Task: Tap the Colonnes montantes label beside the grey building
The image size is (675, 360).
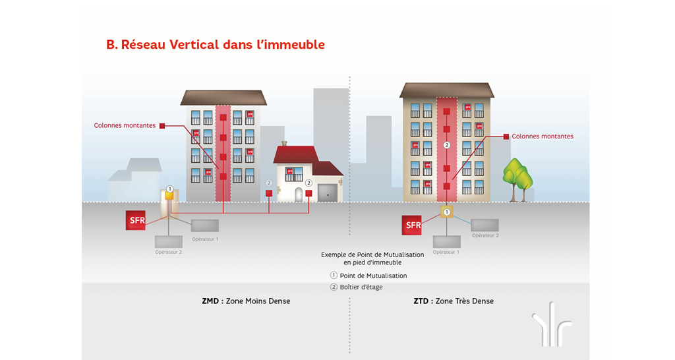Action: pos(125,125)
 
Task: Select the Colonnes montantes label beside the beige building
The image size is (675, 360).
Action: pos(543,136)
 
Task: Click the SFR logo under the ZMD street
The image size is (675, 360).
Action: pos(136,220)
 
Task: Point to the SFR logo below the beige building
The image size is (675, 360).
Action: pos(413,225)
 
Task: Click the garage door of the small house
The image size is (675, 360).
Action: pos(327,193)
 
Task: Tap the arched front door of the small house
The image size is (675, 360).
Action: pos(298,195)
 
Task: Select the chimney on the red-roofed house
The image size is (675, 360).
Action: pos(284,144)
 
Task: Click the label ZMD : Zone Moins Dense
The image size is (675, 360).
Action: pos(246,301)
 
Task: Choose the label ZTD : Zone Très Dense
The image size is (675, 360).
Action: pos(454,301)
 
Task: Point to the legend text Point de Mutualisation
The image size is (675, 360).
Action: pos(373,276)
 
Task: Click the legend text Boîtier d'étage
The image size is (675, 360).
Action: pos(361,287)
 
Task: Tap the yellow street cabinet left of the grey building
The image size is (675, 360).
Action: pos(169,196)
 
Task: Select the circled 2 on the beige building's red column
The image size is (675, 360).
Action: pos(446,145)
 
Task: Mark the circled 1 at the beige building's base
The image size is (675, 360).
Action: pos(447,212)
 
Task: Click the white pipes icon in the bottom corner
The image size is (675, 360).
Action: pos(552,323)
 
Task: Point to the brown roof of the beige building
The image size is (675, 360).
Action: pos(446,90)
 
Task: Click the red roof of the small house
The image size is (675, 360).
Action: pos(296,154)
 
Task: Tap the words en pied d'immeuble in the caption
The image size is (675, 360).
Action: pos(372,262)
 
